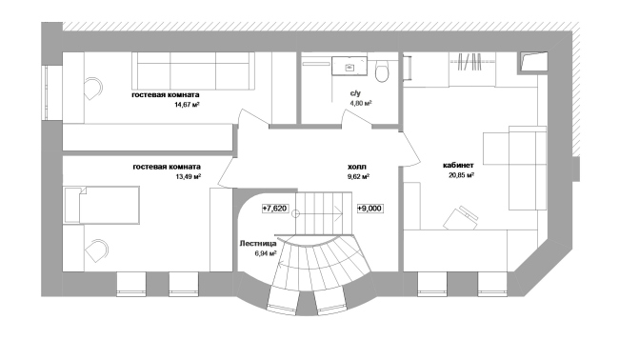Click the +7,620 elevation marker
(x=275, y=209)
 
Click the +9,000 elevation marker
(x=369, y=209)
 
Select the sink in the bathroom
(x=349, y=66)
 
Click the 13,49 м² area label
(x=189, y=176)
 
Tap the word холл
(x=357, y=167)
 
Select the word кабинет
(x=458, y=166)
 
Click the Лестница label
(x=258, y=244)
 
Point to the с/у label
(x=355, y=94)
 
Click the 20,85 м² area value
(x=461, y=175)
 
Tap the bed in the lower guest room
(x=102, y=206)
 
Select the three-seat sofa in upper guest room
(x=193, y=70)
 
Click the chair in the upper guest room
(x=93, y=89)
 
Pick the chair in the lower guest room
(x=97, y=250)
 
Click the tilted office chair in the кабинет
(x=460, y=217)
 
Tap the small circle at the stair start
(x=295, y=214)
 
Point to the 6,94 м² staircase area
(x=266, y=253)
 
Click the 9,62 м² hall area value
(x=358, y=176)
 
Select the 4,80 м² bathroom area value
(x=361, y=104)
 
